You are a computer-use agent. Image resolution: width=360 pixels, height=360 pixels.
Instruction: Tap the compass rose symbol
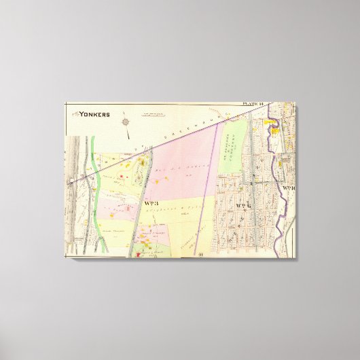click(x=126, y=122)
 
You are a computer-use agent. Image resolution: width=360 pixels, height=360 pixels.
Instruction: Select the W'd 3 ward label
click(x=151, y=203)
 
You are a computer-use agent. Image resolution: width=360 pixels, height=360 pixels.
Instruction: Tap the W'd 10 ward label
click(x=289, y=188)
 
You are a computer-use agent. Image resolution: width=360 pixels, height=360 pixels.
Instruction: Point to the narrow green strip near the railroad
click(x=96, y=183)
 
